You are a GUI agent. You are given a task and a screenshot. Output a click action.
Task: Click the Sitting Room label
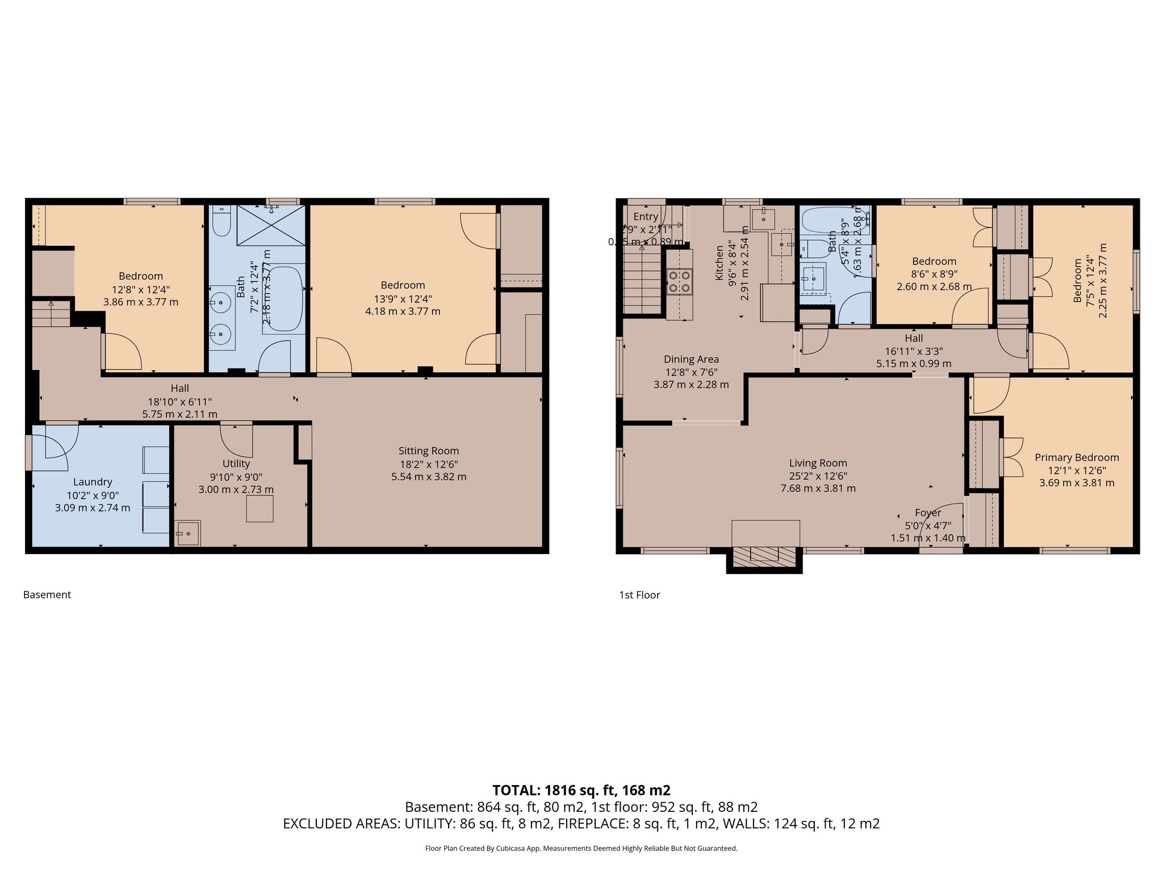point(428,451)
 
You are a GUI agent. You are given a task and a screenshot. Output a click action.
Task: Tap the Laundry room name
point(93,482)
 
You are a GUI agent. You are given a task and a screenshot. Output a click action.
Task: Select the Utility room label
point(236,464)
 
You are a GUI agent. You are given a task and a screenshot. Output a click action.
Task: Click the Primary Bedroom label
point(1077,458)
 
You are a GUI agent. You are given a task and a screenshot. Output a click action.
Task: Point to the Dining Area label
point(691,359)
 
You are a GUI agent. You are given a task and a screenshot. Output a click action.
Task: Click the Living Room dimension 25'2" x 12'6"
point(818,476)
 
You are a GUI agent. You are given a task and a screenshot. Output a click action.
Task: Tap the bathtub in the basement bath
point(286,298)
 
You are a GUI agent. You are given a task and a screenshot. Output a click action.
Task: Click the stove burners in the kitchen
point(680,281)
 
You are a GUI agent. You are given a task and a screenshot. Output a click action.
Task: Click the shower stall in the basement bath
point(271,225)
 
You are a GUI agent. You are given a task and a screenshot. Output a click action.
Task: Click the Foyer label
point(928,513)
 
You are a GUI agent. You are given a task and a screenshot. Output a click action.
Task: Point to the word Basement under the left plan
point(47,594)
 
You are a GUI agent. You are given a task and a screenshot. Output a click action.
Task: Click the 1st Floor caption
point(639,594)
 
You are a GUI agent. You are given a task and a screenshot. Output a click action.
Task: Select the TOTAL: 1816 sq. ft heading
point(581,790)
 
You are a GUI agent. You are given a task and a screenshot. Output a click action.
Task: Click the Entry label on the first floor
point(646,216)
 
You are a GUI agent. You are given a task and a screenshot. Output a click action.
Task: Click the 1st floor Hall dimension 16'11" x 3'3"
point(914,351)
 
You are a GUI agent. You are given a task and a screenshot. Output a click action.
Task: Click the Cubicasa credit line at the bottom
point(581,848)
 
